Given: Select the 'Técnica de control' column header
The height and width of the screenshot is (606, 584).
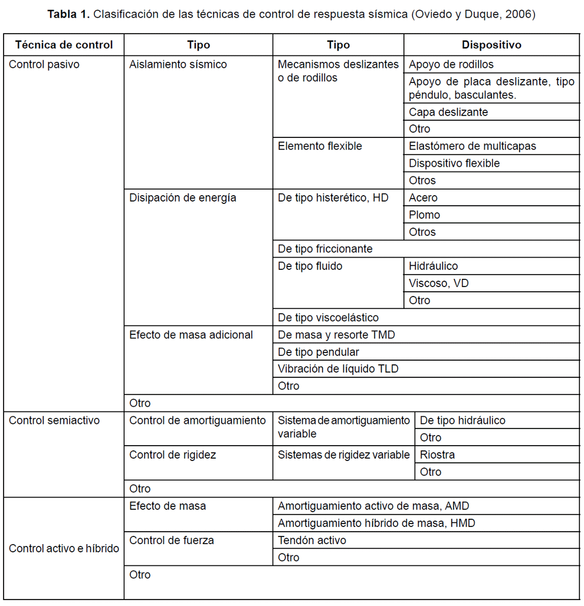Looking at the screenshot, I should tap(64, 45).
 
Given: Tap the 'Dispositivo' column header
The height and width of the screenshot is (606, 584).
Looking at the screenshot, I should tap(491, 45).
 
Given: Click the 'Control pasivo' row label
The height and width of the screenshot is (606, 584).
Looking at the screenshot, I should tap(44, 64).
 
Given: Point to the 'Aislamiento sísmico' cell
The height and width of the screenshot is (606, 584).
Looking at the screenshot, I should tap(178, 64).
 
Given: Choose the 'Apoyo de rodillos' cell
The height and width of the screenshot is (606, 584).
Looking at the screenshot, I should tap(451, 64).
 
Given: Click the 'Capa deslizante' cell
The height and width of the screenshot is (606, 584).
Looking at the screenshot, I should tap(448, 112).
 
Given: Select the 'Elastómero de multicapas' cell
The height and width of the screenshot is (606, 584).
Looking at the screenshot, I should tap(472, 146).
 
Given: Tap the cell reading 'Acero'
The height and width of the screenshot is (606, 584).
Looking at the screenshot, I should tap(423, 197).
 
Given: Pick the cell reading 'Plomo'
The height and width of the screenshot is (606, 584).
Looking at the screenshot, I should tap(424, 215).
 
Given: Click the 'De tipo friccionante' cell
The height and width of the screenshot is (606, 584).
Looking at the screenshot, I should tap(325, 249).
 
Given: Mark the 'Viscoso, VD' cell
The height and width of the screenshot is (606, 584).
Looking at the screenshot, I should tap(438, 283).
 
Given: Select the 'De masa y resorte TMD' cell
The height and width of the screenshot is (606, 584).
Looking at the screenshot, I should tap(336, 335).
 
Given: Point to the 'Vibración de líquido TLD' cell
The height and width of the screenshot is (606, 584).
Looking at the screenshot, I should tap(338, 369).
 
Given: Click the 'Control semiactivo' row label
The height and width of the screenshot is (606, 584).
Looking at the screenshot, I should tap(54, 420).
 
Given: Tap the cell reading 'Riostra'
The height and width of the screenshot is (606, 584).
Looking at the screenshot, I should tap(437, 454).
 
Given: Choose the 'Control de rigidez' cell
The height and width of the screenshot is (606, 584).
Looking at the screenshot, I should tap(173, 454).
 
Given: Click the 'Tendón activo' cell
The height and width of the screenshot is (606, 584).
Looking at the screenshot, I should tap(312, 540).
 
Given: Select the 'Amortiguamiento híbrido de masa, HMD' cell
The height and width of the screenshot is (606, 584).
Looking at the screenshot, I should tap(376, 523).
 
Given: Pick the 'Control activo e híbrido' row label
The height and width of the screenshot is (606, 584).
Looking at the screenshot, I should tap(64, 548).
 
